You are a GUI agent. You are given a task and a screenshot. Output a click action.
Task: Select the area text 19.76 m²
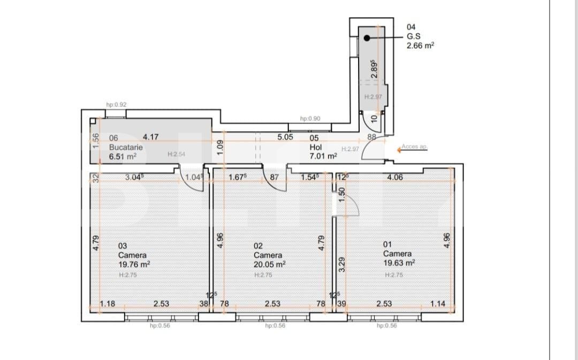(x=134, y=264)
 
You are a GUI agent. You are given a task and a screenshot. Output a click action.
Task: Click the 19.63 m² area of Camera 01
(x=399, y=263)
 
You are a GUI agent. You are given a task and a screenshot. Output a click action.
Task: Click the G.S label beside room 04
(x=413, y=36)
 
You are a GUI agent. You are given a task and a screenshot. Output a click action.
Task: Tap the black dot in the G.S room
(x=367, y=38)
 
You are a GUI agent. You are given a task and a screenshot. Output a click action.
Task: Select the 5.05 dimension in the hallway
(x=285, y=137)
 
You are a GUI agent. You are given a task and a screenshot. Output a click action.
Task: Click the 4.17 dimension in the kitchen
(x=150, y=137)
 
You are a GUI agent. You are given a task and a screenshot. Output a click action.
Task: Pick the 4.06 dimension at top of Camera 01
(x=395, y=177)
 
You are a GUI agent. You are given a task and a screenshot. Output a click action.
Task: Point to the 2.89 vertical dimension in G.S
(x=375, y=69)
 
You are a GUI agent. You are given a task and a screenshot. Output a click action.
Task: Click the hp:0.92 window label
(x=116, y=105)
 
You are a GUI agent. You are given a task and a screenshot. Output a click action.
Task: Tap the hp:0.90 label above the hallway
(x=310, y=119)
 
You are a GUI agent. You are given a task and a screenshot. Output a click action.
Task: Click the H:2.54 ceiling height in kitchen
(x=176, y=154)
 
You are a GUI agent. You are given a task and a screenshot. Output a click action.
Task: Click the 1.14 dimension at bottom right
(x=437, y=304)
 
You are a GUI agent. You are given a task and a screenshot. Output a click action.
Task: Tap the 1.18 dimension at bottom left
(x=108, y=304)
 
